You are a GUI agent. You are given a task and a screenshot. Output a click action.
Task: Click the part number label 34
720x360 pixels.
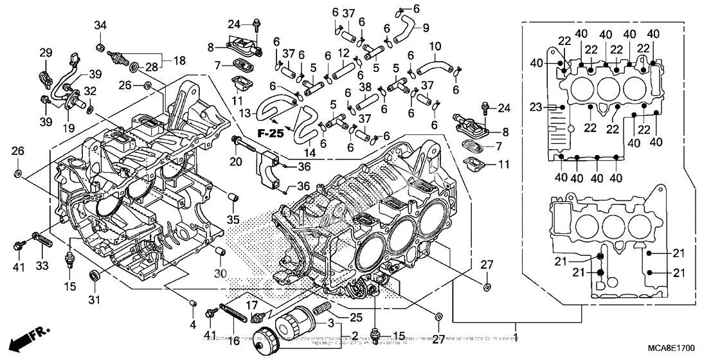[100, 26]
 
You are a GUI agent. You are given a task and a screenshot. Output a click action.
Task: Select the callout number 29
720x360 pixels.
[46, 52]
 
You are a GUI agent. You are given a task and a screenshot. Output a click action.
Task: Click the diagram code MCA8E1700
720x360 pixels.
[668, 348]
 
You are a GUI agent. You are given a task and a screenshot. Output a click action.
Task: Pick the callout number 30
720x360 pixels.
[221, 273]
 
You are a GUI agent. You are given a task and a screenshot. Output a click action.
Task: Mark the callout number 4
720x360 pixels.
[192, 324]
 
